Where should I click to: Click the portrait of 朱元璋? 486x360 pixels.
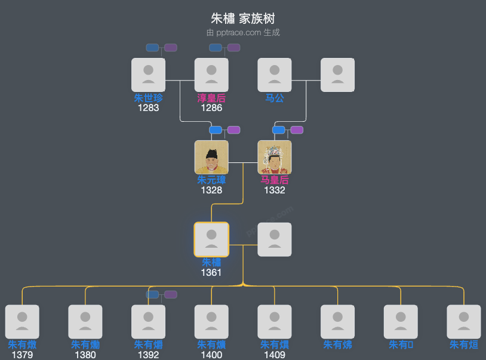point(211,157)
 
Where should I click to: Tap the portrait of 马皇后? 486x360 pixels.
point(275,157)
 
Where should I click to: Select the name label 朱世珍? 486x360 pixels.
point(148,98)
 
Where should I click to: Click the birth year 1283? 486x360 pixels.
point(148,108)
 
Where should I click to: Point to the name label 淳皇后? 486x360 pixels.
point(211,98)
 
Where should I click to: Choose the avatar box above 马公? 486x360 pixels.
point(275,75)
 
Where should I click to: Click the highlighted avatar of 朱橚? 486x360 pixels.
point(211,239)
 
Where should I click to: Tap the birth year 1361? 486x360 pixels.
point(211,272)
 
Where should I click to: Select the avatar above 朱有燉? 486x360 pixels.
point(22,322)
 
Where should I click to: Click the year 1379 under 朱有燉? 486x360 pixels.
point(22,355)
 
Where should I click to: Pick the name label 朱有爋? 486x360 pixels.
point(85,344)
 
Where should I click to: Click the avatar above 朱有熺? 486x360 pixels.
point(148,322)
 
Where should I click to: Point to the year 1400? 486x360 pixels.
point(211,355)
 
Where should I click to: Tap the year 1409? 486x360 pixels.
point(275,355)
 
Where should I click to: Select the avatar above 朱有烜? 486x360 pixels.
point(464,322)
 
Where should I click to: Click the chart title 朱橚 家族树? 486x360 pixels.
point(243,19)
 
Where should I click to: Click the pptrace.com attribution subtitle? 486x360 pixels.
point(243,32)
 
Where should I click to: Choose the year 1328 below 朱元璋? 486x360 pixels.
point(211,190)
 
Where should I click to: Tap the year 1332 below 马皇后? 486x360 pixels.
point(275,190)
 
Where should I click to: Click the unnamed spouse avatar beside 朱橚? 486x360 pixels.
point(275,239)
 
